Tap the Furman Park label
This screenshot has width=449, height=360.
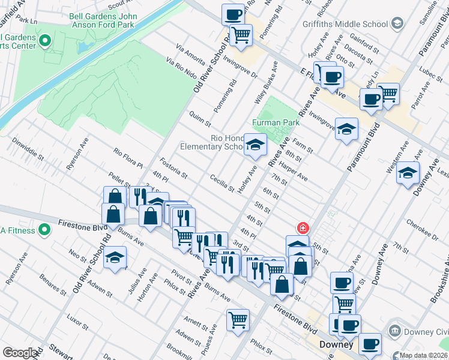(276, 122)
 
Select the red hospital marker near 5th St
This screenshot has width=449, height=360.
(304, 228)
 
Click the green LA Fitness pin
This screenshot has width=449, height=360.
(44, 230)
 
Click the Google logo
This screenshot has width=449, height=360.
(20, 353)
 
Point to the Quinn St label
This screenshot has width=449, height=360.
(200, 119)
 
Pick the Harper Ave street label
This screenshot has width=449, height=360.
(293, 174)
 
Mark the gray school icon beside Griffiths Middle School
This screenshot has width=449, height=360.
(396, 23)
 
